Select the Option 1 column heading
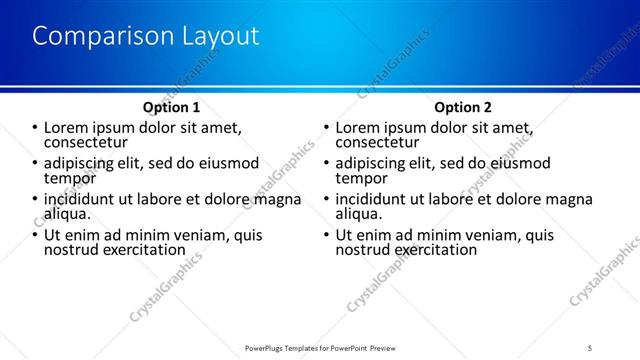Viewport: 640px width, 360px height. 173,107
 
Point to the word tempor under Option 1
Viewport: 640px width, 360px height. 67,178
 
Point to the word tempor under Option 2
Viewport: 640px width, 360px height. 358,178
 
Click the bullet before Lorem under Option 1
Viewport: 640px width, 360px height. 35,128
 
